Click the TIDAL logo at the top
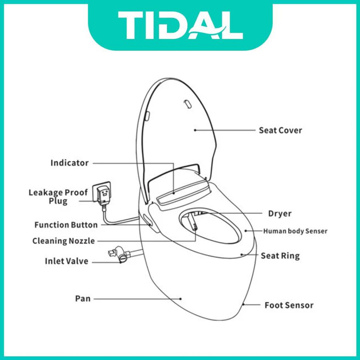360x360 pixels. (180, 25)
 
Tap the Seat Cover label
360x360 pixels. (280, 130)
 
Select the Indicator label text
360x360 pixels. (70, 163)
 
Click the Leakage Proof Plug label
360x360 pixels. (58, 197)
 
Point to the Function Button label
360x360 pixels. (66, 225)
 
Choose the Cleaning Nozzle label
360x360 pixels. (64, 241)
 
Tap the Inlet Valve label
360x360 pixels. (66, 261)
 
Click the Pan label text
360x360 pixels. (83, 298)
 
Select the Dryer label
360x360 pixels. (280, 213)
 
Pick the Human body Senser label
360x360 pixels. (295, 231)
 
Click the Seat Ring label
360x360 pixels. (280, 256)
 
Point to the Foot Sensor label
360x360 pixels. (289, 305)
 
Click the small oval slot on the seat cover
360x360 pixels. (188, 104)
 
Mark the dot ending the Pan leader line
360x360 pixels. (181, 299)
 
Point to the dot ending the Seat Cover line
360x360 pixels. (195, 130)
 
